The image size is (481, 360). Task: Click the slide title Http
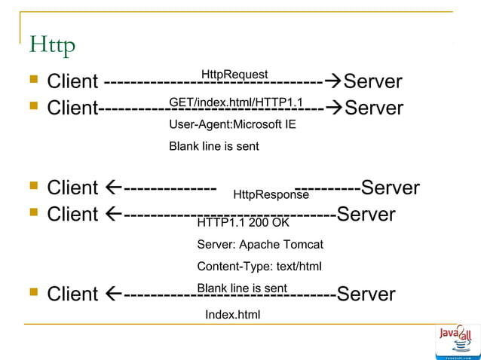[52, 46]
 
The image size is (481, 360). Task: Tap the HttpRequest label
[234, 74]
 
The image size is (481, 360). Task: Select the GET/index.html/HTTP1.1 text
[235, 102]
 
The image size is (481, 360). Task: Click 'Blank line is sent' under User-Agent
[213, 146]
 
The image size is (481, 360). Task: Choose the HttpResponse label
[271, 195]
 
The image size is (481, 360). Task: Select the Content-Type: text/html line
[259, 267]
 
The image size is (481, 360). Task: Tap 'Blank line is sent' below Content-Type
[241, 288]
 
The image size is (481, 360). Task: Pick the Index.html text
[232, 314]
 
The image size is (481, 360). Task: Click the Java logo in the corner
[457, 339]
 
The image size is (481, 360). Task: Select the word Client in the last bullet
[72, 294]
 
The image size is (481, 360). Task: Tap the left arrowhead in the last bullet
[112, 294]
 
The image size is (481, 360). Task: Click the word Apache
[256, 245]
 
